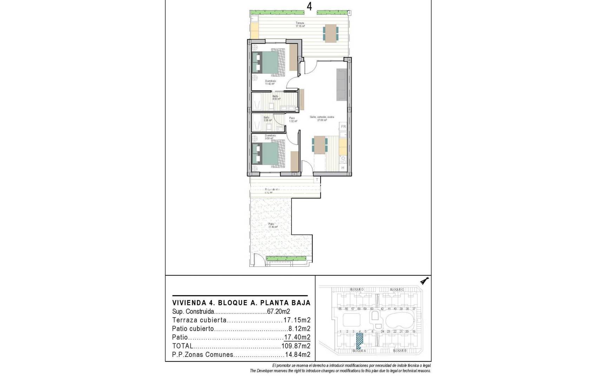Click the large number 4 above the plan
pos(309,7)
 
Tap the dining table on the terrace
pos(331,33)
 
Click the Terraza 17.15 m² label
pos(300,25)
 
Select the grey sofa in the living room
pos(342,85)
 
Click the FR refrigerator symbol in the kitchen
pos(343,127)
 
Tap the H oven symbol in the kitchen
pos(343,168)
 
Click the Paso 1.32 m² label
pos(293,120)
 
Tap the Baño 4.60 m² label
pos(276,98)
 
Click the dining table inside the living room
pos(320,145)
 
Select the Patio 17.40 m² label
pos(273,225)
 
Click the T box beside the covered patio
pos(317,180)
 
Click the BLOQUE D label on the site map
pos(356,290)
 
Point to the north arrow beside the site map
pos(425,281)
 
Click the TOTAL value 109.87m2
pos(296,346)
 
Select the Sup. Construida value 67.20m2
pos(278,312)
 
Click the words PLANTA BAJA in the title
pos(289,303)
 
